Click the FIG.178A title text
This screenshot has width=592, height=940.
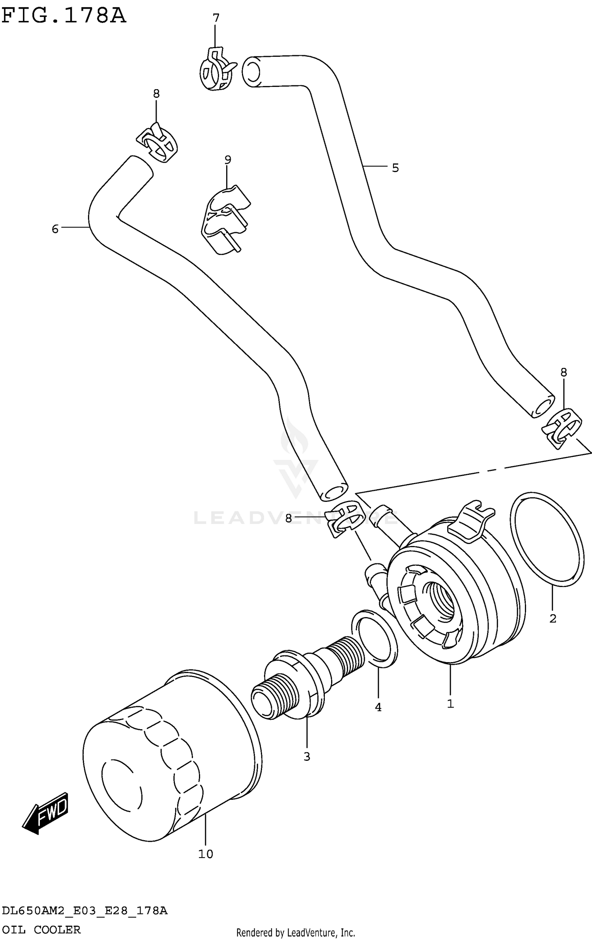[x=63, y=16]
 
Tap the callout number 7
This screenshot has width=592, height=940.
[x=215, y=18]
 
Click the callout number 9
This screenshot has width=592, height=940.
[x=227, y=160]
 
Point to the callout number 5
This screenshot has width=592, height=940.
[x=395, y=168]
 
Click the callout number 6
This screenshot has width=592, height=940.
[x=55, y=229]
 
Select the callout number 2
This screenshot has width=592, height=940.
[x=553, y=618]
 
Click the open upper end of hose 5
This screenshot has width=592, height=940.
[x=251, y=71]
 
